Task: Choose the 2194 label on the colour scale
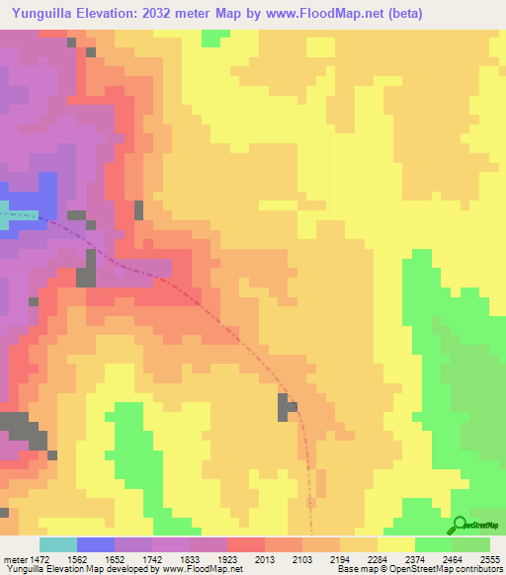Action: [340, 559]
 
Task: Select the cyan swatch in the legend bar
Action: [58, 544]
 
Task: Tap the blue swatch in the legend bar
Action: [96, 544]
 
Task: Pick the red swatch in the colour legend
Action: [246, 544]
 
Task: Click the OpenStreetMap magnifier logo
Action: [459, 525]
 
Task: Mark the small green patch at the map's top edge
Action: [211, 38]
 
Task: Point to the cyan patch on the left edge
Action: [5, 218]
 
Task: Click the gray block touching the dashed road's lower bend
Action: [287, 406]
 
